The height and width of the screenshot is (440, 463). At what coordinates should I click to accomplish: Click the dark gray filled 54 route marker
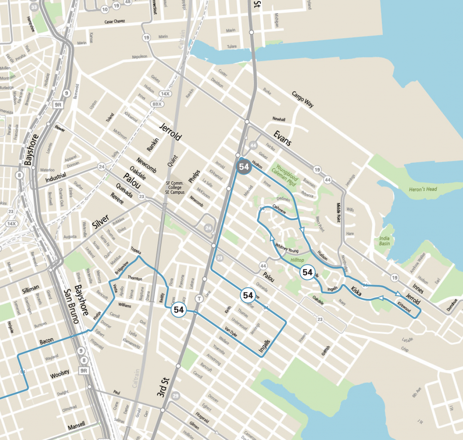244,167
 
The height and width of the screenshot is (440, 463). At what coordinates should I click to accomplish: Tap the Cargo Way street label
302,99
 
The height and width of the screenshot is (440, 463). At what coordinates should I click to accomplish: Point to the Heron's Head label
423,189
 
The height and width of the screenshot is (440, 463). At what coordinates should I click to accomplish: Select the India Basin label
384,241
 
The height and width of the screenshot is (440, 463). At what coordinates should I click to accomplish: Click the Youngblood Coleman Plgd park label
286,175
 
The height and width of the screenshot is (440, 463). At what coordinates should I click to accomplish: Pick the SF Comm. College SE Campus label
175,188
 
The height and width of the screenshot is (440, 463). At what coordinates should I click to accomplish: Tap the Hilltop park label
297,260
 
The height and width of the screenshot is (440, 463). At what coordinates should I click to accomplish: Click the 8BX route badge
157,104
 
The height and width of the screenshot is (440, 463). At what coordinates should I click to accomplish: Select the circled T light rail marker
199,298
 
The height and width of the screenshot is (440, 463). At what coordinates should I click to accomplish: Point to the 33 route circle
34,7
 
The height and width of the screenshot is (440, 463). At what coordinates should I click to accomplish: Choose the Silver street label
100,221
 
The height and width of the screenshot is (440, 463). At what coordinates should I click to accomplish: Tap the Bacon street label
47,341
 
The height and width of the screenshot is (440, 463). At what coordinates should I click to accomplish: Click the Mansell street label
76,426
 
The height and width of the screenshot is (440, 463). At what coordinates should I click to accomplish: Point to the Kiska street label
356,292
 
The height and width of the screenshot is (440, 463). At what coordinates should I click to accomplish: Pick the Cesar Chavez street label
115,21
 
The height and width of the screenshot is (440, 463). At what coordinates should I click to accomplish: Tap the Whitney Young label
287,248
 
